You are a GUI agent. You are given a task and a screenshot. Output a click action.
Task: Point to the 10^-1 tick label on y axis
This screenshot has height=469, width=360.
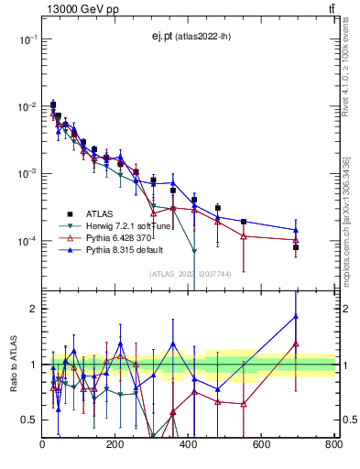pos(27,39)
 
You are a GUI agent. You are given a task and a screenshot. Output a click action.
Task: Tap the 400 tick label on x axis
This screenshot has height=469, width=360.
pos(189,445)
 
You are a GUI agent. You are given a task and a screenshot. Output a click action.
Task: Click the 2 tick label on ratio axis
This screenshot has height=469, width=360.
pos(34,309)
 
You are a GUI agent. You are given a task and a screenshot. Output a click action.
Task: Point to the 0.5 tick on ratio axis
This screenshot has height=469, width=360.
pos(29,420)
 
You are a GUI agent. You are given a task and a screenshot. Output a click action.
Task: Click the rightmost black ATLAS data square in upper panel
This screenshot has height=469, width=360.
pos(296,247)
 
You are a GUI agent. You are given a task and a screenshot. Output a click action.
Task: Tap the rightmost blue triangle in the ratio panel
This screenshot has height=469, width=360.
pos(296,317)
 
